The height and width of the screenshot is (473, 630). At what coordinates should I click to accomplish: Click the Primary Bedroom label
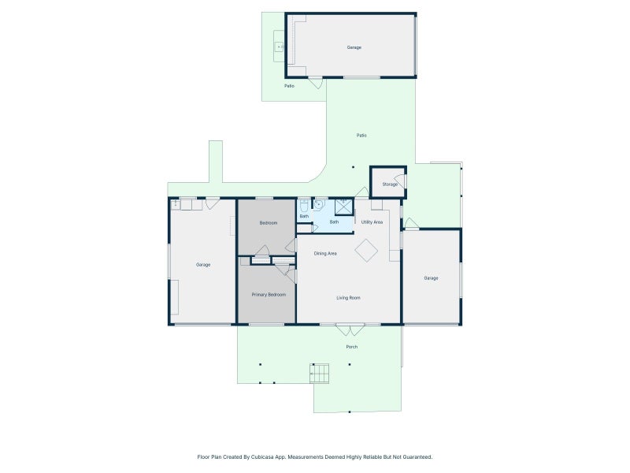coord(269,295)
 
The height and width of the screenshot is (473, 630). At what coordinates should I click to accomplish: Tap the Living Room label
coord(348,298)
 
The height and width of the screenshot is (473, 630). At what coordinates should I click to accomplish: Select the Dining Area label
coord(325,254)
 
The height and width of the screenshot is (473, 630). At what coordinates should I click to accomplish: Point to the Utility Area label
coord(372,222)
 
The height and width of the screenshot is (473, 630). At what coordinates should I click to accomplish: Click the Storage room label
coord(390,184)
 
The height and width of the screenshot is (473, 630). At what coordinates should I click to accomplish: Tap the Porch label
coord(351,347)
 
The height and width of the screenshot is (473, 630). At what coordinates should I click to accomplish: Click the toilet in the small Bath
coord(304,205)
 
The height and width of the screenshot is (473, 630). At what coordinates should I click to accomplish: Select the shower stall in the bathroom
coord(344,207)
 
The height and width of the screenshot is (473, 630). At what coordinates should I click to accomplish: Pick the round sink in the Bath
coord(319,204)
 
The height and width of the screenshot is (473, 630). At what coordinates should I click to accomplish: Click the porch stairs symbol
coord(320,374)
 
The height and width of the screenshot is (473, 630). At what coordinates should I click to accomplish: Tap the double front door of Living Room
coord(350,330)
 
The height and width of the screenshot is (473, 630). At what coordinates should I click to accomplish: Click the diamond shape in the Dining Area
coord(366,251)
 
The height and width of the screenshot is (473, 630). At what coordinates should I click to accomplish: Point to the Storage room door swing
coord(400,182)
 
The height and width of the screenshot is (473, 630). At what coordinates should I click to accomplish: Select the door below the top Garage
coord(316,83)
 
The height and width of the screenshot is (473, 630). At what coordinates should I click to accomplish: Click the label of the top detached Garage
coord(354,47)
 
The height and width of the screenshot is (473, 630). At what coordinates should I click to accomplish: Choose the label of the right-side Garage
coord(431,278)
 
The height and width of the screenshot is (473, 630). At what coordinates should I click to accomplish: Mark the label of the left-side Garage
coord(203,265)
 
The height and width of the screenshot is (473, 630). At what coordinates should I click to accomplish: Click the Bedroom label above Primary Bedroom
coord(269,223)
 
